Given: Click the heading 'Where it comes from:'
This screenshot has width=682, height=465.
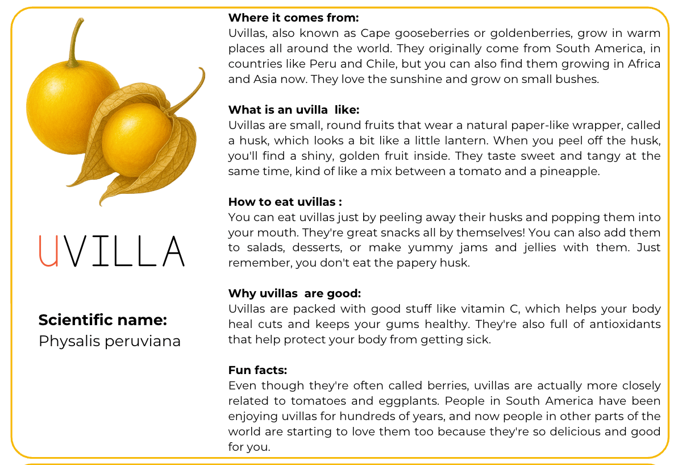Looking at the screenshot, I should point(293,18).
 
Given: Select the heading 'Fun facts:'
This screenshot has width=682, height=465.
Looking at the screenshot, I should point(257,370).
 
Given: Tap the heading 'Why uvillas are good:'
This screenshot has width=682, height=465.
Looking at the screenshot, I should point(294,293).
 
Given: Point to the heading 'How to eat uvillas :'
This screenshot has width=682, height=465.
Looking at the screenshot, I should point(285,202).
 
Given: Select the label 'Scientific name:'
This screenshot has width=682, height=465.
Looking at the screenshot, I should point(103,320).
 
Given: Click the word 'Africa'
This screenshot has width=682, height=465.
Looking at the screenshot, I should point(643,64).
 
